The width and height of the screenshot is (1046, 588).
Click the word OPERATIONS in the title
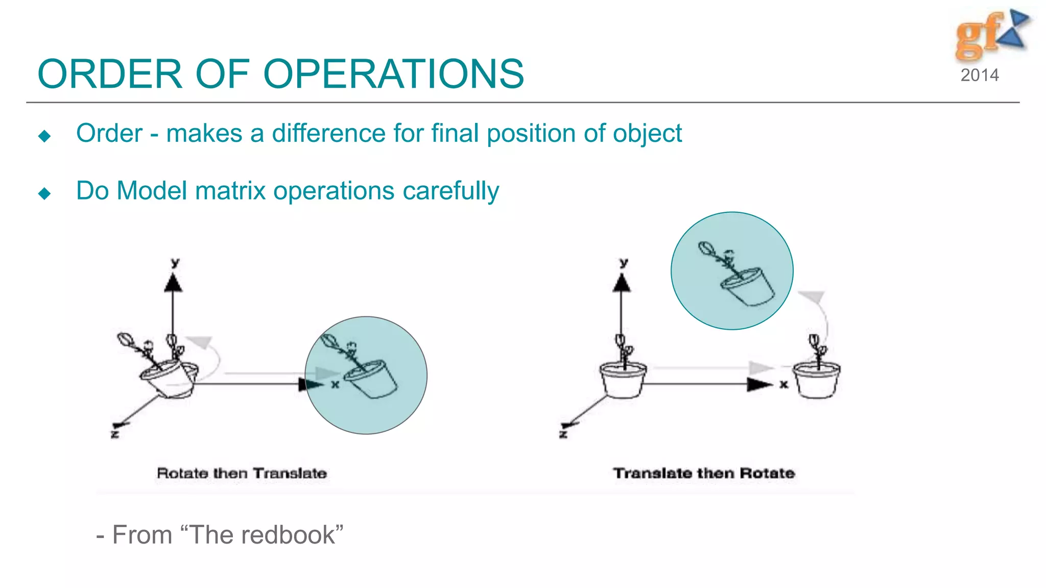coord(393,75)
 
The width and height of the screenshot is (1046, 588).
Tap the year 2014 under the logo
coord(979,76)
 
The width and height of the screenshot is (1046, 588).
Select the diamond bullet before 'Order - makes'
coord(44,136)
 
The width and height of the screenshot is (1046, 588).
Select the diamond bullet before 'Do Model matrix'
coord(44,193)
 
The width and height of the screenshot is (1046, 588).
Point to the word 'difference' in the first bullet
coord(328,134)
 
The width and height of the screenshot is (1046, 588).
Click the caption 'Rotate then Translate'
coord(242,473)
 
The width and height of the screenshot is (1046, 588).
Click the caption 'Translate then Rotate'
coord(703,473)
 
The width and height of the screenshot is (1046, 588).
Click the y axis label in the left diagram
coord(175,263)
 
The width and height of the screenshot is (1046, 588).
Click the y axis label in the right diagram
coord(624,263)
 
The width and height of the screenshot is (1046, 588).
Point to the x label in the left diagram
coord(335,384)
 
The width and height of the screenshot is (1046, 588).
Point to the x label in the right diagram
coord(783,384)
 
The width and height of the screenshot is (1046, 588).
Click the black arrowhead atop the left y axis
coord(173,283)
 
